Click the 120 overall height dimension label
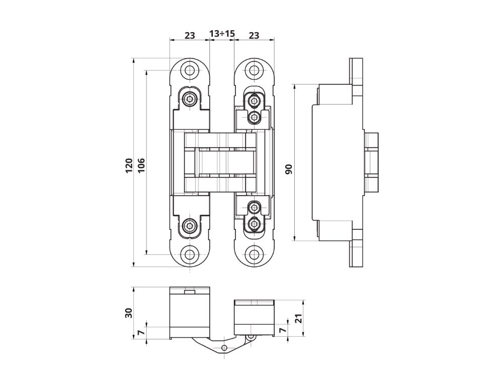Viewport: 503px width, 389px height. tap(129, 165)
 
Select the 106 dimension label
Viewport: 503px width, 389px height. tap(141, 165)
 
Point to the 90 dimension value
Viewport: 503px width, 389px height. tap(289, 169)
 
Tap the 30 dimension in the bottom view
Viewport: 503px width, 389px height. tap(129, 313)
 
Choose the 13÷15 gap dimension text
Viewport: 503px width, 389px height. tap(222, 34)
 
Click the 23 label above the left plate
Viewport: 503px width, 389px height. tap(190, 35)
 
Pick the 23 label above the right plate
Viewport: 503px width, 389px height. tap(254, 35)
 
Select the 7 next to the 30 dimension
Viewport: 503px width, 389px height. tap(141, 332)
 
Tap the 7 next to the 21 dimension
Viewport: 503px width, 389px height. tap(282, 331)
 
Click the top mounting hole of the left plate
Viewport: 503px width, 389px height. tap(190, 70)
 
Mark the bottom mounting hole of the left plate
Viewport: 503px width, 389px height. tap(190, 254)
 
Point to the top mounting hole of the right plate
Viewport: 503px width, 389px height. tap(255, 70)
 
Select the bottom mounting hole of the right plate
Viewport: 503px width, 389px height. tap(255, 254)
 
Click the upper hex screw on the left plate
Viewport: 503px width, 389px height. tap(190, 99)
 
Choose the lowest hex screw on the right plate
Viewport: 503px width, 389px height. tap(255, 223)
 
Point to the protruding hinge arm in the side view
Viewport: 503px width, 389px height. tap(371, 162)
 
